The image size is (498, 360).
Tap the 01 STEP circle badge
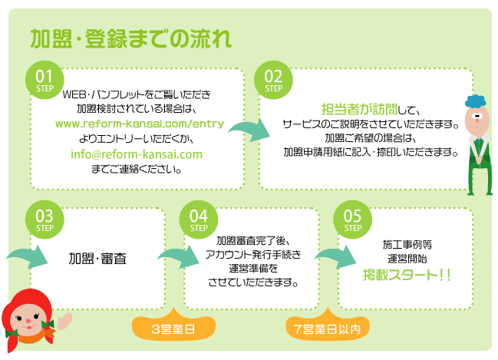click(x=44, y=79)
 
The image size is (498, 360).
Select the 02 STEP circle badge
click(x=273, y=79)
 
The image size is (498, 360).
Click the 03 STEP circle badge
click(x=44, y=220)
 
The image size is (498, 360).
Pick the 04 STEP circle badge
click(x=199, y=220)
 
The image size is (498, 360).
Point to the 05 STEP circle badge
click(x=353, y=220)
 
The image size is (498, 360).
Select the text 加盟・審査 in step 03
click(x=97, y=258)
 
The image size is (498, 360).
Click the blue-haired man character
click(x=478, y=142)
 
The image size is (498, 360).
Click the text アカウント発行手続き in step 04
click(x=252, y=253)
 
